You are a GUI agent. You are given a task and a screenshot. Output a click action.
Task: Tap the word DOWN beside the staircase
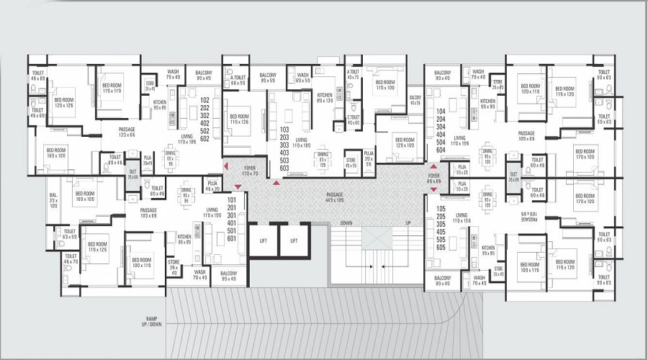pos(347,222)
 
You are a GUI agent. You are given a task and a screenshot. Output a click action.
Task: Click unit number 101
pos(232,199)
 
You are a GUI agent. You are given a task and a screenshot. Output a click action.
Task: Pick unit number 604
pos(441,149)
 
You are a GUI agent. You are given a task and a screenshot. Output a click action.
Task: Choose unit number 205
pos(441,215)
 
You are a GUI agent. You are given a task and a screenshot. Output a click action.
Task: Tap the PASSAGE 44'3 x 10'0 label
pos(334,196)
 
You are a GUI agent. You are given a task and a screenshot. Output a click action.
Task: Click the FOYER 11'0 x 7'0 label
pos(249,171)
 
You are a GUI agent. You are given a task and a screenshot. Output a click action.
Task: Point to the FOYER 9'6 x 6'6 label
pos(433,178)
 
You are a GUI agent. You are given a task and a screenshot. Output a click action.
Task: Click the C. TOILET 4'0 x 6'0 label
pos(354,120)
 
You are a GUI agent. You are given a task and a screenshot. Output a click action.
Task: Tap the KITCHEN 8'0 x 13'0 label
pos(325,97)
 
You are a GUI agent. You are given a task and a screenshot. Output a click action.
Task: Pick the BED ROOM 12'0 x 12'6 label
pos(64,103)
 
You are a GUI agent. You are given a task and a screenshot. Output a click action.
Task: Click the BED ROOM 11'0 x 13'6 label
pos(239,120)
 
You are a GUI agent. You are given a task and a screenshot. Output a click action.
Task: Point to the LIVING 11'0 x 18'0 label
pos(301,143)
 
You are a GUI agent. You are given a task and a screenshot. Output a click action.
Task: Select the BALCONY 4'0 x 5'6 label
pos(415,99)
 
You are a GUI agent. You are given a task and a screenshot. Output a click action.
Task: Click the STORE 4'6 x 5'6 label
pos(351,163)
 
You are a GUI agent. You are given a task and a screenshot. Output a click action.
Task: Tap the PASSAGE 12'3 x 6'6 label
pos(127,132)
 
